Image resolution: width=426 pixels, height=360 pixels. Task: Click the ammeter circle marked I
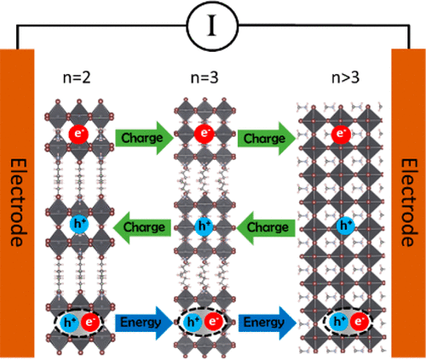[212, 26]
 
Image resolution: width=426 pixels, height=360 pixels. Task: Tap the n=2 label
[77, 77]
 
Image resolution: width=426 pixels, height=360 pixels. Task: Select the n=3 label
[204, 77]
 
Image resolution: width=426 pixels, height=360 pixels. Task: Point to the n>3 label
[345, 77]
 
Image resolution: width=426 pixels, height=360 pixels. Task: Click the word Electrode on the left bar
[19, 203]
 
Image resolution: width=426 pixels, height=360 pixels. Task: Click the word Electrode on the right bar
[409, 203]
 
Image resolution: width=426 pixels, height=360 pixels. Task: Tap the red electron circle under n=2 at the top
[78, 134]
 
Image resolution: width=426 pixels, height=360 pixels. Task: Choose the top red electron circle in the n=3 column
[204, 133]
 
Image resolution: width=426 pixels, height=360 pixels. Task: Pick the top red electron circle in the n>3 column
[341, 134]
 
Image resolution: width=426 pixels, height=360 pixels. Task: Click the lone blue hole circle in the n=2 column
[79, 225]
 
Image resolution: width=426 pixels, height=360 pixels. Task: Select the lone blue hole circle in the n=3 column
[204, 226]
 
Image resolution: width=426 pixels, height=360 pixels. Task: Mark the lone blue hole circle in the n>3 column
[346, 226]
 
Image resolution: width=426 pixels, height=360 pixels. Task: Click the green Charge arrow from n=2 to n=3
[144, 138]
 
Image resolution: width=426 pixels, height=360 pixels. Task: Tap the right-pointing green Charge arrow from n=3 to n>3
[267, 139]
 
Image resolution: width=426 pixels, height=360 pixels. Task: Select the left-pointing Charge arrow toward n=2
[142, 228]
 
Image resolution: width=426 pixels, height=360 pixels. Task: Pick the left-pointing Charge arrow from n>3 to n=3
[266, 228]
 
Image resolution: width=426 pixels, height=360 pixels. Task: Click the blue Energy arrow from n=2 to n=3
[144, 323]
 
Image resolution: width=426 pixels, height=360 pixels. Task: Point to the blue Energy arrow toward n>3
[268, 323]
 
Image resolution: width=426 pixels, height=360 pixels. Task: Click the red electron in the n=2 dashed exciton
[90, 323]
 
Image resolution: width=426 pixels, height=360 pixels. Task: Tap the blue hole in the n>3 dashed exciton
[338, 322]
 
